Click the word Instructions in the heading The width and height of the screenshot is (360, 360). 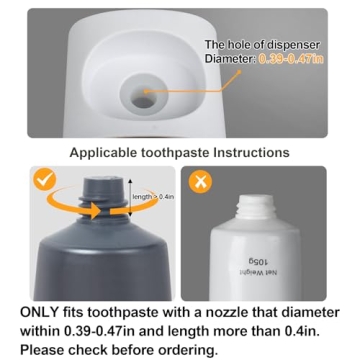(250, 152)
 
